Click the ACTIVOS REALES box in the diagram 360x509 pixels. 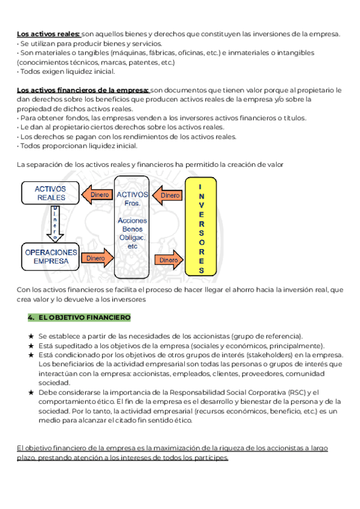[51, 193]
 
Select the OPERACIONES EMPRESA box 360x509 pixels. [51, 256]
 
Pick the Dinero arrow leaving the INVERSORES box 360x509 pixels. [168, 195]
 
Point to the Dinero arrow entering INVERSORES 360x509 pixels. [169, 260]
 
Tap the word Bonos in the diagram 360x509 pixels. [133, 229]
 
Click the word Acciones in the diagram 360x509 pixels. [133, 220]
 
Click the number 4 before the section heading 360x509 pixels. [30, 317]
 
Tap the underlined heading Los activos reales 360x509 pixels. [48, 34]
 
